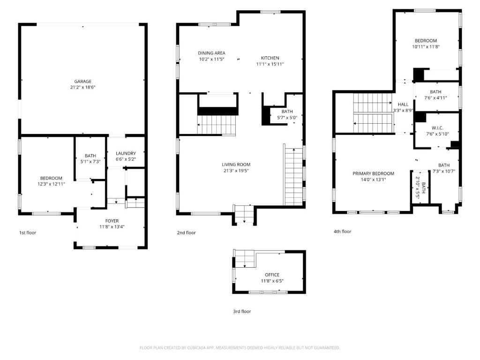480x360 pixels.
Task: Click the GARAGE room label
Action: point(82,82)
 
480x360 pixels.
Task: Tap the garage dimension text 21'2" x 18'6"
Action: point(82,87)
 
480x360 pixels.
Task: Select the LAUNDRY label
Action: point(126,153)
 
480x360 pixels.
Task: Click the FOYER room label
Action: point(112,221)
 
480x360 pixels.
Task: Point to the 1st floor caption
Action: point(28,232)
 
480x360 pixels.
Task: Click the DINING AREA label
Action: point(211,53)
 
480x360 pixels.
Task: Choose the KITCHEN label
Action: point(270,58)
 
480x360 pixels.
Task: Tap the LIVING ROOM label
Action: point(236,165)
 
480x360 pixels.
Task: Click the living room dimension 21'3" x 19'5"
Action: point(236,171)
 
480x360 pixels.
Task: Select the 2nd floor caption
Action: point(186,232)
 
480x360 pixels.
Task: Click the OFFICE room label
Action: point(272,275)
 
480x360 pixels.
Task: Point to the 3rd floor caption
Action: point(242,311)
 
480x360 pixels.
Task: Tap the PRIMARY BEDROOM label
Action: point(374,173)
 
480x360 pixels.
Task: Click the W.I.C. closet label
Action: point(437,128)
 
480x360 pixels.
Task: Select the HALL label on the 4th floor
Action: point(403,105)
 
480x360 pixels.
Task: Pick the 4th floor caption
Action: point(343,232)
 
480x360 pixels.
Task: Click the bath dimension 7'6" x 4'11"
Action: point(435,98)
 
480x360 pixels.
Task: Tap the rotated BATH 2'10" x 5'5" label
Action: point(420,187)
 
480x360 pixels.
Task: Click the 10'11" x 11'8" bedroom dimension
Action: point(426,47)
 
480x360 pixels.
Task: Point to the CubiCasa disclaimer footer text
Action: point(240,348)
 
